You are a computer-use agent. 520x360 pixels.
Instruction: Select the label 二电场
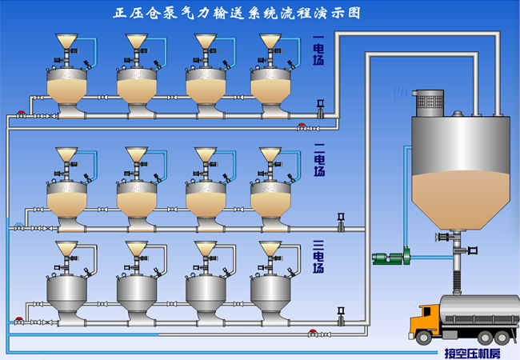(x=318, y=160)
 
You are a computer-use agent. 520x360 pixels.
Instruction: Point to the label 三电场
(x=318, y=256)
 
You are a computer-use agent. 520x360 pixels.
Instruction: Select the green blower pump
(x=391, y=258)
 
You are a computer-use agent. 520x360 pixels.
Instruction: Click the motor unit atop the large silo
(x=432, y=99)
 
